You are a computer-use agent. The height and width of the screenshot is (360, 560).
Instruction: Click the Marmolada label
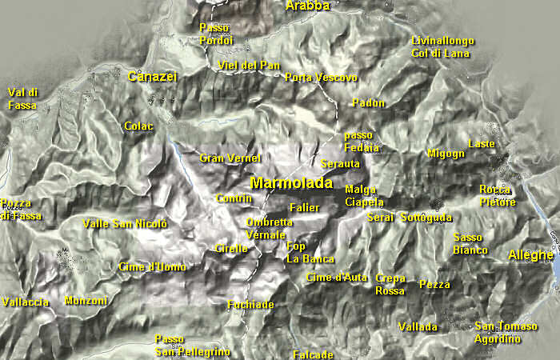(x=291, y=183)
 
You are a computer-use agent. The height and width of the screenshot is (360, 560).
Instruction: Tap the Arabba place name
(x=307, y=6)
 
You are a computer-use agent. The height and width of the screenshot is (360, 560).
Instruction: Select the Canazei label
(x=152, y=76)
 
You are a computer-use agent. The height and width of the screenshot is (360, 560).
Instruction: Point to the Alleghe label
(x=530, y=255)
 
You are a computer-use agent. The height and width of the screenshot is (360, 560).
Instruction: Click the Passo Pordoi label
(x=215, y=34)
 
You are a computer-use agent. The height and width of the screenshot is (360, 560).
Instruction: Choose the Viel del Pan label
(x=249, y=65)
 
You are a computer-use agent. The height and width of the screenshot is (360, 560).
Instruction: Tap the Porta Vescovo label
(x=321, y=78)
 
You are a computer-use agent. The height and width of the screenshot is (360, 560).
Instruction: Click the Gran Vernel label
(x=230, y=158)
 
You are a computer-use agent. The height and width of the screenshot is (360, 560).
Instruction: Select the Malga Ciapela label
(x=364, y=196)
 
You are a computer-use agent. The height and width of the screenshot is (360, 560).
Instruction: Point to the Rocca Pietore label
(x=498, y=196)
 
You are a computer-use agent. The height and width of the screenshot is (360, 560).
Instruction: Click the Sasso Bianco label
(x=470, y=244)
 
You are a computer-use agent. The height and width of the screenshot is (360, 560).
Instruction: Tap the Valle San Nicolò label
(x=125, y=223)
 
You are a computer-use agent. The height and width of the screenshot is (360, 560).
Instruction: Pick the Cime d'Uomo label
(x=152, y=266)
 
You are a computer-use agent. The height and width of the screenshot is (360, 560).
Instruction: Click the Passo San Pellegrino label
(x=192, y=346)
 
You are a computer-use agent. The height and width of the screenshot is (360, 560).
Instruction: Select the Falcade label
(x=313, y=354)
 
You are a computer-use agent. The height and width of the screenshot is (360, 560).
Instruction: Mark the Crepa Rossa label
(x=390, y=284)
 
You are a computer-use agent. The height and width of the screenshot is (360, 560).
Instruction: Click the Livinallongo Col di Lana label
(x=443, y=47)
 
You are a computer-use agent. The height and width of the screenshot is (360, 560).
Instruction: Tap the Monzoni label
(x=86, y=301)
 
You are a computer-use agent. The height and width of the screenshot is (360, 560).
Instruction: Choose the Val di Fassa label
(x=23, y=98)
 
